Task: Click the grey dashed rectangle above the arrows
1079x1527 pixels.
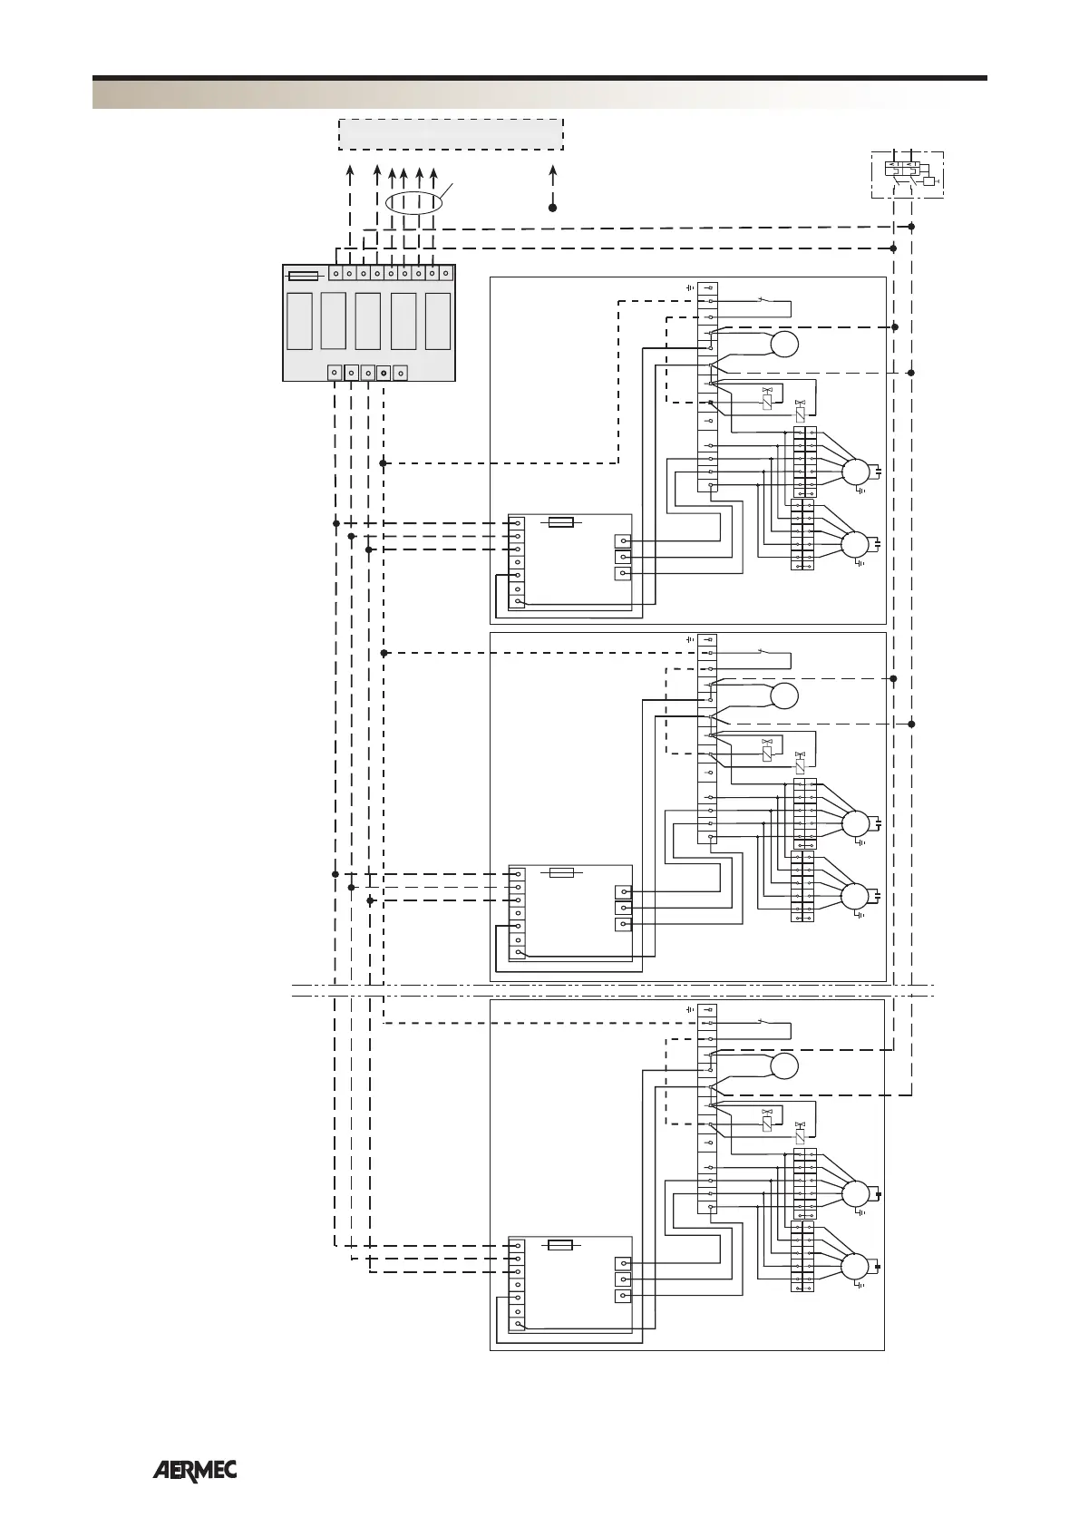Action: tap(451, 133)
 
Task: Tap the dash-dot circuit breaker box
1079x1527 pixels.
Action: tap(907, 173)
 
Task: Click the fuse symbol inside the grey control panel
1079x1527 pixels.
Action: tap(303, 275)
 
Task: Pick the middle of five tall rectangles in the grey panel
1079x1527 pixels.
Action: tap(367, 321)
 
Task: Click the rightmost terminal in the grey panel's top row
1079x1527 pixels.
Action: tap(445, 272)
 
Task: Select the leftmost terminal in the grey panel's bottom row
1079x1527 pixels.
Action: tap(334, 373)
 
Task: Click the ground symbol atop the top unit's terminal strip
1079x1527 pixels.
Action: tap(690, 287)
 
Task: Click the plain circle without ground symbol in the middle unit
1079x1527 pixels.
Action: tap(785, 696)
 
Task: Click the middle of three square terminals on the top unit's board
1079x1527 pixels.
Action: tap(623, 557)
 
